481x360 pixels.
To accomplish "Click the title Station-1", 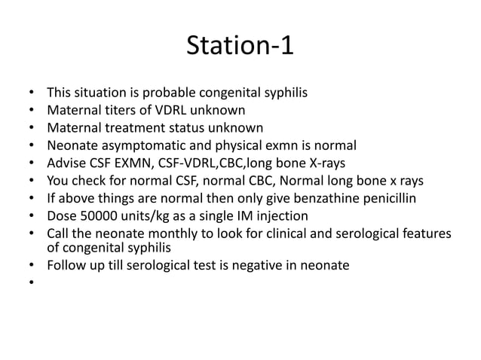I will click(240, 46).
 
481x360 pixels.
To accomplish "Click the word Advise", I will click(66, 163).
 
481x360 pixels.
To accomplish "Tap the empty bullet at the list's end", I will click(31, 283).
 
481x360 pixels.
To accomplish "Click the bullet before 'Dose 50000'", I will click(31, 215).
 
